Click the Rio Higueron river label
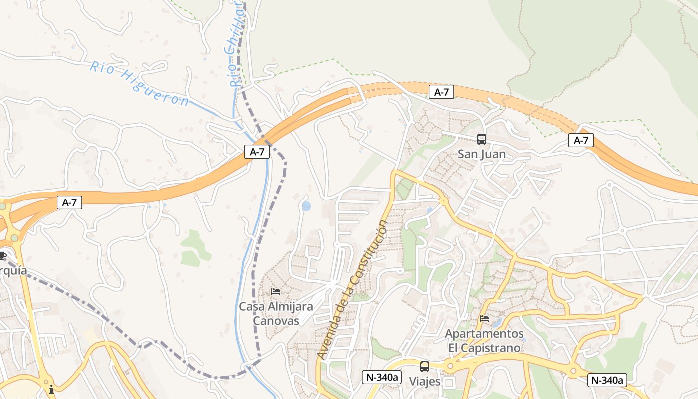pos(140,83)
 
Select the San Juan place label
pos(482,154)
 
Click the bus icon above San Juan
pos(482,139)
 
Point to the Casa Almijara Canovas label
pos(276,313)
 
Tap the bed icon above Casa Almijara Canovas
pos(276,292)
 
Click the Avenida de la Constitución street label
pos(352,290)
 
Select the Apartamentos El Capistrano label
pos(484,340)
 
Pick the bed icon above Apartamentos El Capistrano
pos(484,319)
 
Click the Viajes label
pos(425,382)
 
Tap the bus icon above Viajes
pos(425,367)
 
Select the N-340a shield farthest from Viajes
pos(607,380)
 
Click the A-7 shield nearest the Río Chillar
pos(257,152)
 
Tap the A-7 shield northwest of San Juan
pos(442,92)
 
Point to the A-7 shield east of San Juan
pos(581,141)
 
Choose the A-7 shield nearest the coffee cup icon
pos(69,202)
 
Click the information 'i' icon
pos(51,389)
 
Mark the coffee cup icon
pos(2,256)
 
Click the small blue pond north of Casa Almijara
pos(306,206)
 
